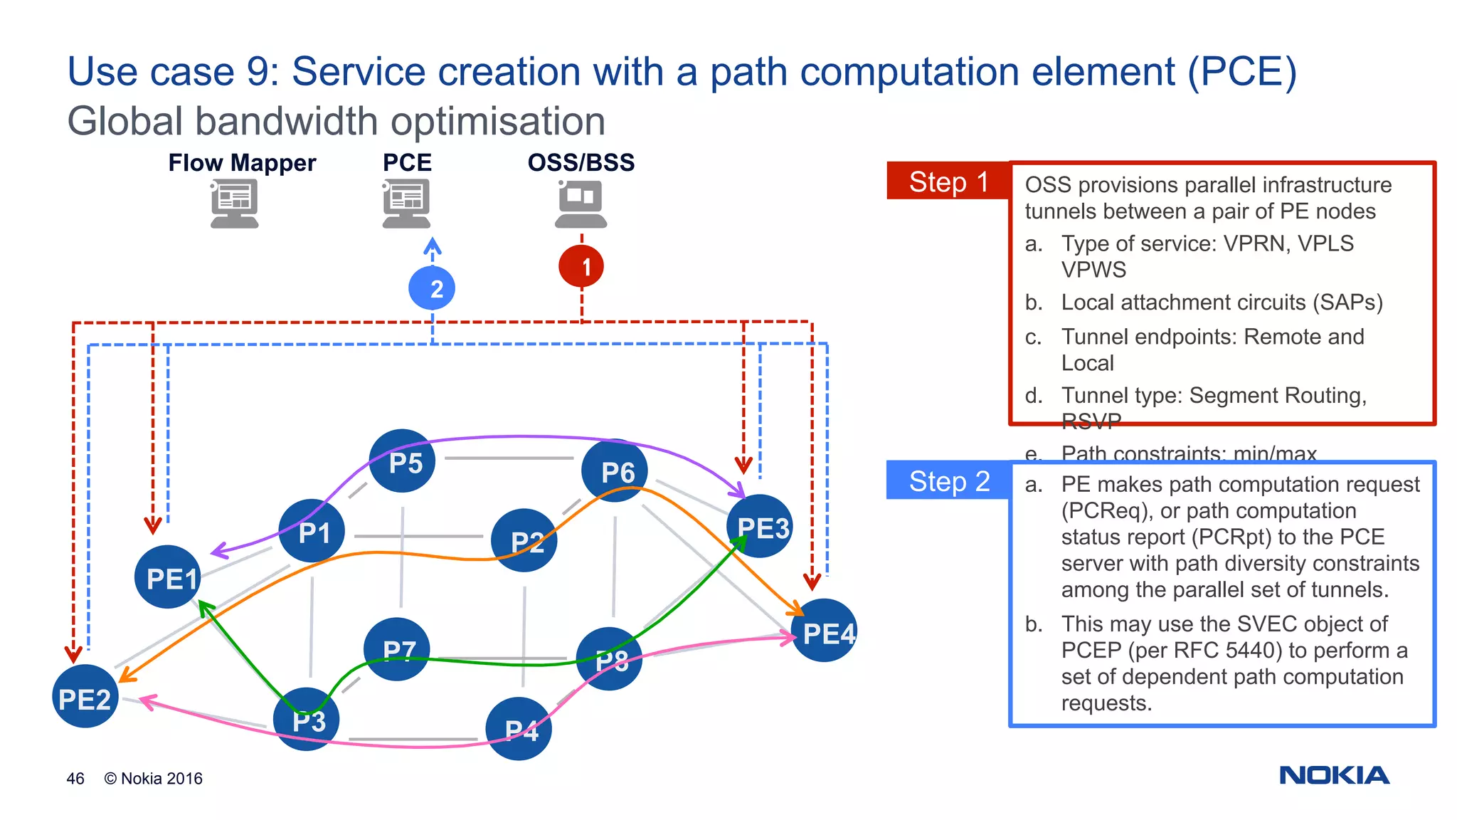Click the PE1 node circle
[168, 577]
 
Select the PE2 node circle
[85, 697]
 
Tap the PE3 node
[761, 527]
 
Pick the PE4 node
[825, 631]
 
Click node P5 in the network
[403, 461]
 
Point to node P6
[615, 471]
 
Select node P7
[396, 648]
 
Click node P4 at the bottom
[519, 729]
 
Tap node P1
[312, 531]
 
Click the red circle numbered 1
[581, 267]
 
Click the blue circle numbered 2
[432, 288]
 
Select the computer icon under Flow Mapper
[234, 204]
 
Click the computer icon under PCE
[406, 204]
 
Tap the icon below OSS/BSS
[581, 204]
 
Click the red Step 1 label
[948, 182]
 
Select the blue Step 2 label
[948, 481]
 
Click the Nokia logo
[1334, 775]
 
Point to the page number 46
[75, 779]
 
